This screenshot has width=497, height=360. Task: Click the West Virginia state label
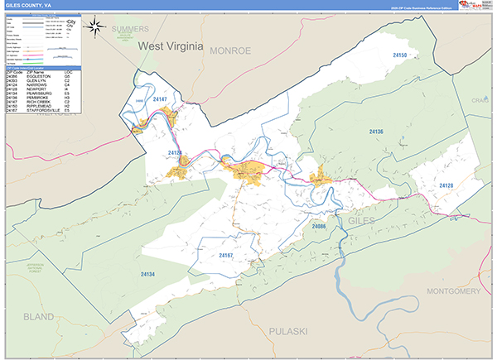pos(171,48)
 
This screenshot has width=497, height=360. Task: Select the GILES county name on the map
pos(362,221)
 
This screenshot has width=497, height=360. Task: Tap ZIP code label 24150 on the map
pos(400,55)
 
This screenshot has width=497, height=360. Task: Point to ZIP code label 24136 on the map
pos(376,132)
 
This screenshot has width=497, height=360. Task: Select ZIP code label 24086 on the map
pos(321,226)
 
